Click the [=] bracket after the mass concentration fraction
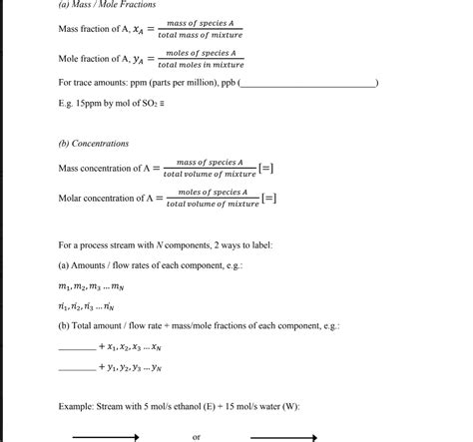coord(267,167)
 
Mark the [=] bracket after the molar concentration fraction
coord(270,198)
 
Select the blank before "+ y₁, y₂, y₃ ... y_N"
coord(77,367)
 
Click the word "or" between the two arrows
coord(197,436)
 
